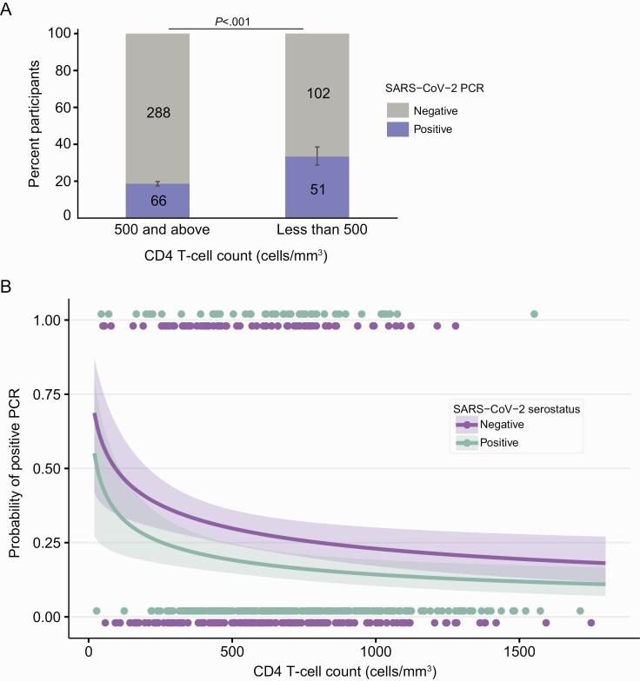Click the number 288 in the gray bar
(157, 112)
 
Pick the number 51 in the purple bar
(317, 188)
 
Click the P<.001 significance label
(236, 22)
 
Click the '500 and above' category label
(157, 231)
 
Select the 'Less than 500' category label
(317, 231)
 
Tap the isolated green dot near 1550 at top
(534, 314)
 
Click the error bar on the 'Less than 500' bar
(317, 155)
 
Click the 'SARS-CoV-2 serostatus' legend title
(503, 408)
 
